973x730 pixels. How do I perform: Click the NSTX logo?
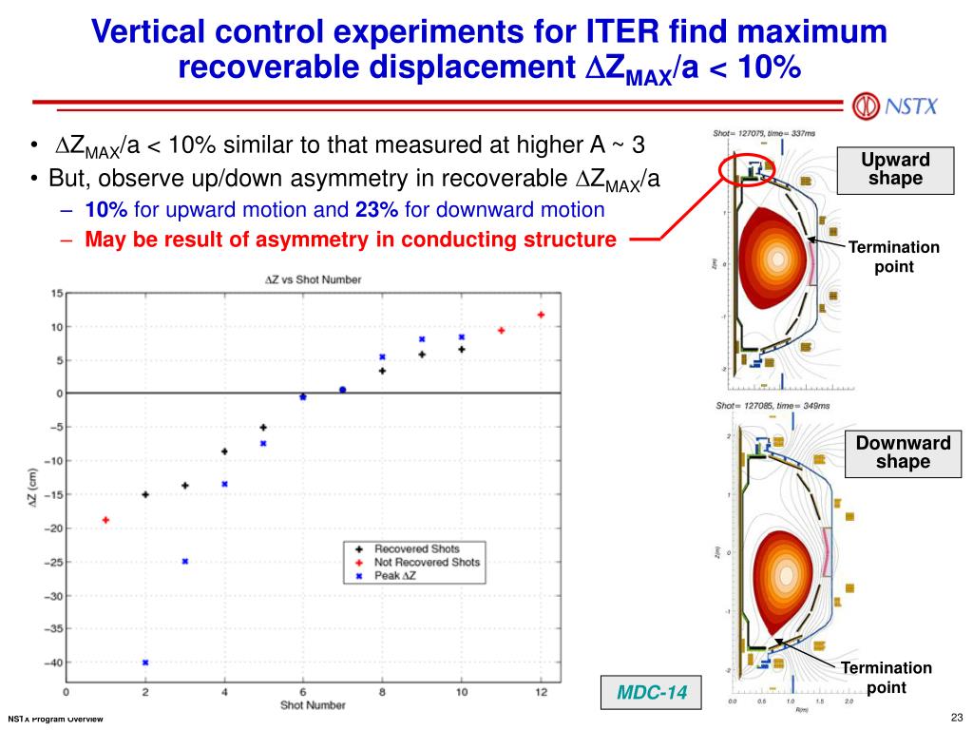(x=895, y=105)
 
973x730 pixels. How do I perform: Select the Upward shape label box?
(x=896, y=169)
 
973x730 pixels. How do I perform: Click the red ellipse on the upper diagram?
(x=747, y=170)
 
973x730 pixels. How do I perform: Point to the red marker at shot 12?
(x=541, y=315)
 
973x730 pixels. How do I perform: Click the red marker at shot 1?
(x=105, y=520)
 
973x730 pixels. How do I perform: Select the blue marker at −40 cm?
(x=145, y=663)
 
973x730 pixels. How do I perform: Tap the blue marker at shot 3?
(x=185, y=561)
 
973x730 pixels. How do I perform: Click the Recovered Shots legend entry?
(x=414, y=548)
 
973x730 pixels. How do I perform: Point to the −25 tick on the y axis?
(x=53, y=562)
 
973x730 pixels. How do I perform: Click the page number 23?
(x=956, y=717)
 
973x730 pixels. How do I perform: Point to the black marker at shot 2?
(x=145, y=494)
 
